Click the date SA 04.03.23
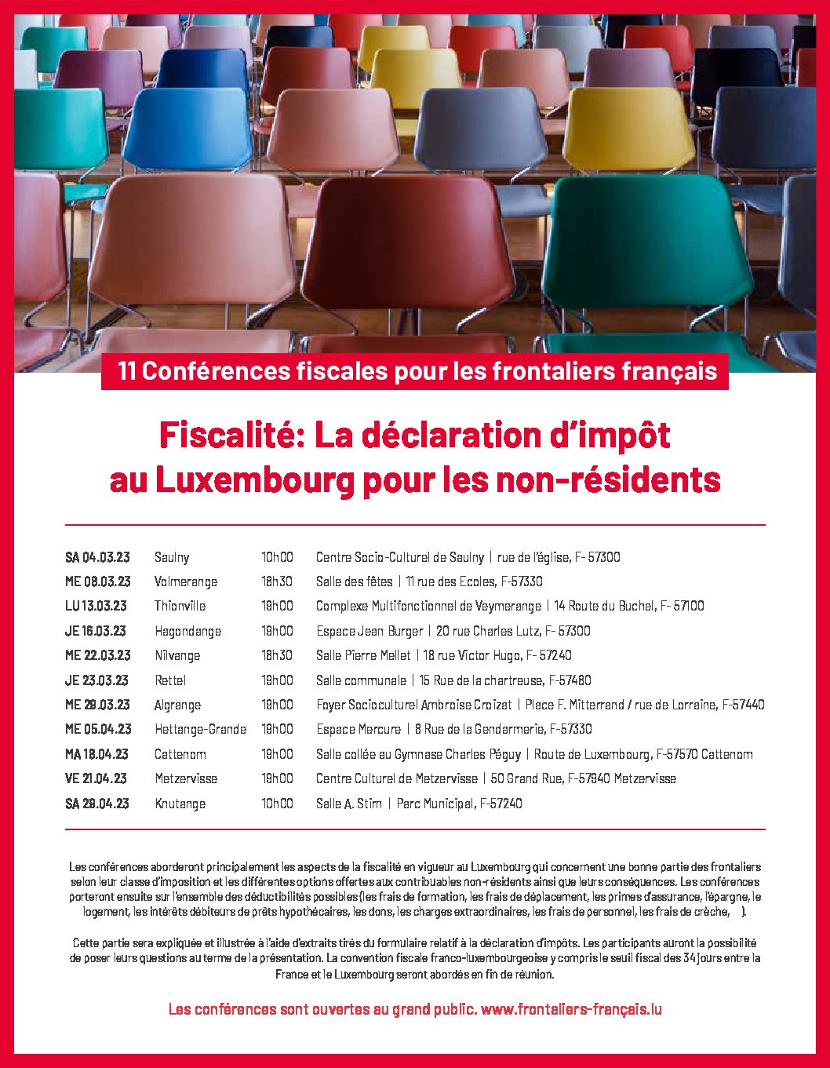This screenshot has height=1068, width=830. click(x=97, y=557)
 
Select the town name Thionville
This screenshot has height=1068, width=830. click(x=180, y=606)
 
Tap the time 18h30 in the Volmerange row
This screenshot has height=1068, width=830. click(x=277, y=581)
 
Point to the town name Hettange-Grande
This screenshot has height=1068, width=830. click(x=200, y=729)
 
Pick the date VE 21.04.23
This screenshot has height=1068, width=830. click(x=96, y=778)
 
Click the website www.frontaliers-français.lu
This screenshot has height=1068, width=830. click(x=571, y=1009)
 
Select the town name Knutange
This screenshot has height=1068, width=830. click(x=180, y=804)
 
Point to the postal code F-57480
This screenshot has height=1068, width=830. click(x=570, y=680)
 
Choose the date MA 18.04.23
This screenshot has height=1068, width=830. click(x=96, y=754)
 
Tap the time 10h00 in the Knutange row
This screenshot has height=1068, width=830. click(x=277, y=804)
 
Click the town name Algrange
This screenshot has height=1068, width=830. click(x=177, y=705)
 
